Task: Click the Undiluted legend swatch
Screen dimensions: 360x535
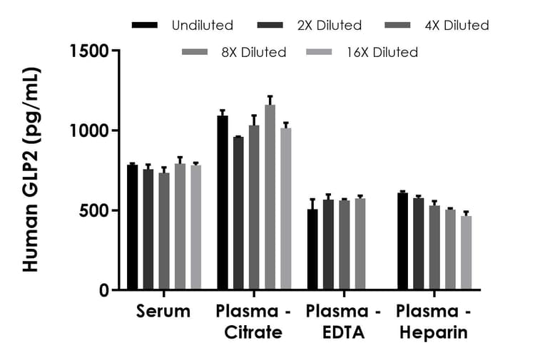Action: [145, 26]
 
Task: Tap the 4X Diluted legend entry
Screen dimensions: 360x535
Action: [457, 26]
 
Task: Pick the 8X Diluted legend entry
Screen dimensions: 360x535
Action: [253, 52]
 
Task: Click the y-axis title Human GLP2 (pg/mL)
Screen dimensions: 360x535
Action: [31, 170]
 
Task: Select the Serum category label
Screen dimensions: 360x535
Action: [163, 312]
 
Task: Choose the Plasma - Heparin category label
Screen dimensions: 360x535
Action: [433, 322]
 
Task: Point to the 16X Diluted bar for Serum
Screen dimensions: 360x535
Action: [195, 227]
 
